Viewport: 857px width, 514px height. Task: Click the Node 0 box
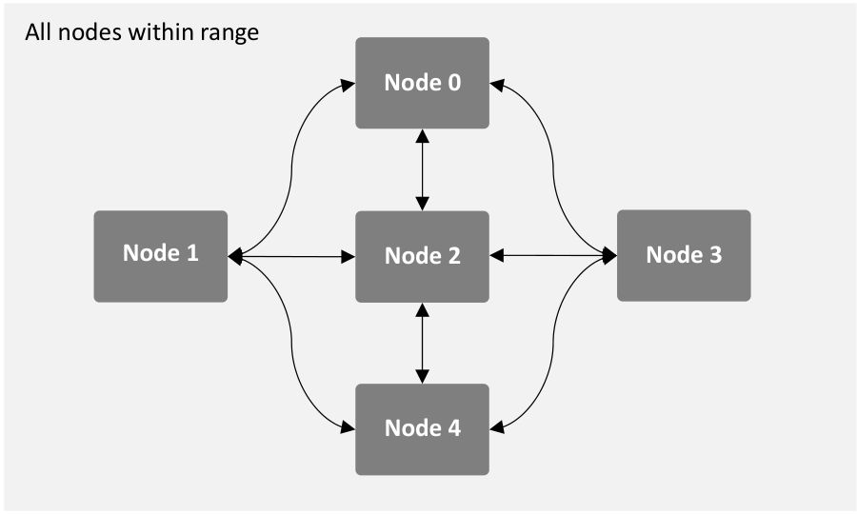422,83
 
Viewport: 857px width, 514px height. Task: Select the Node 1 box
161,256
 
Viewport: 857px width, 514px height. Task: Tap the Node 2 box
422,256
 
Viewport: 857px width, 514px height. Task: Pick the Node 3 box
684,256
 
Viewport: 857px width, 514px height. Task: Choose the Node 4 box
422,429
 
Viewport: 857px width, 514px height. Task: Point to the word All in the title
38,31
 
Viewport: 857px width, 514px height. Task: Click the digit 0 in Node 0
454,83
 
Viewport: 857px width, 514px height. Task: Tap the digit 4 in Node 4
454,427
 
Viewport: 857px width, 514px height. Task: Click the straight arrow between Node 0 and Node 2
422,169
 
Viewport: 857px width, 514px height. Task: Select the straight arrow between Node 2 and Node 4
422,343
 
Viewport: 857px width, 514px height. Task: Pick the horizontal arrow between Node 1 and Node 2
292,256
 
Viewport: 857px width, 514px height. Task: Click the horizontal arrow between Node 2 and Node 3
553,255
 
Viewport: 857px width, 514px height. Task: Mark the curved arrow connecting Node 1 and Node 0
291,169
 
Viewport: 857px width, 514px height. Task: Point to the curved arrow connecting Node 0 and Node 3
553,169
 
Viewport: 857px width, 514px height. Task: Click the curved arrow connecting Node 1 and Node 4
291,343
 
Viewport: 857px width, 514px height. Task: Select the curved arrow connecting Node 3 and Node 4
553,343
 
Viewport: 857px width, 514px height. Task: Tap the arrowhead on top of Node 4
422,377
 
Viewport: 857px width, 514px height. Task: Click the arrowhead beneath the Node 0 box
422,136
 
